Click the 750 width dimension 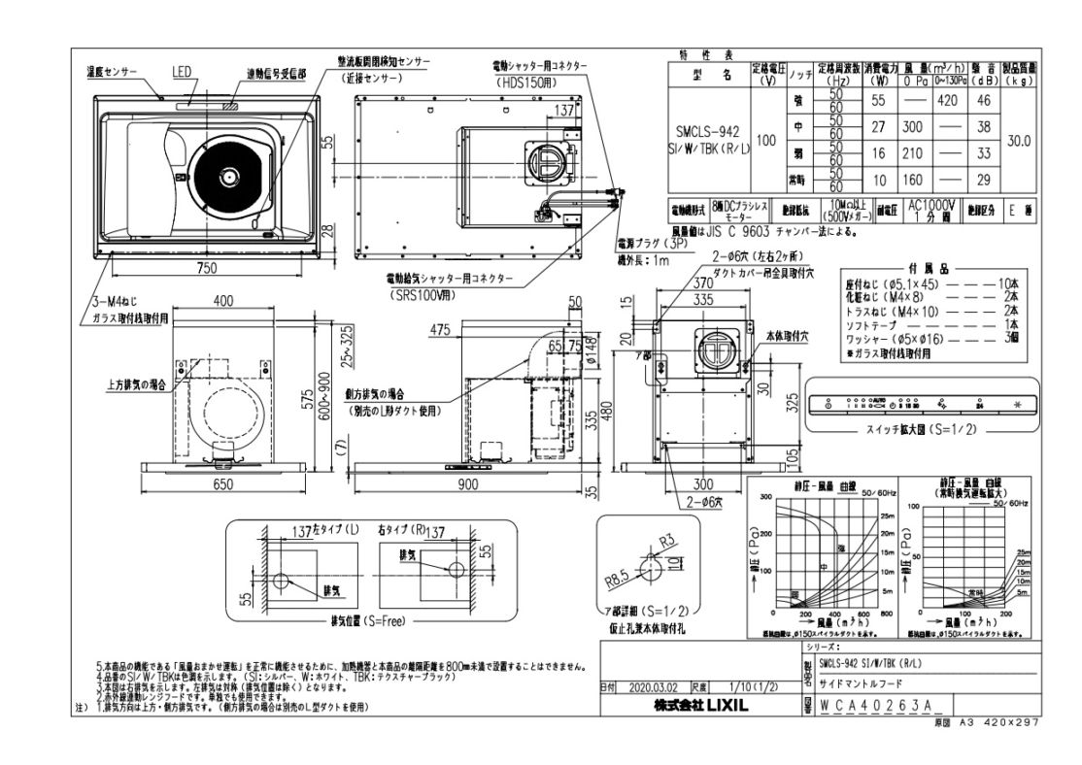click(204, 268)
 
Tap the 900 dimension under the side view click(468, 484)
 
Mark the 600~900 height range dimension click(338, 411)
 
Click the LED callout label click(182, 71)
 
